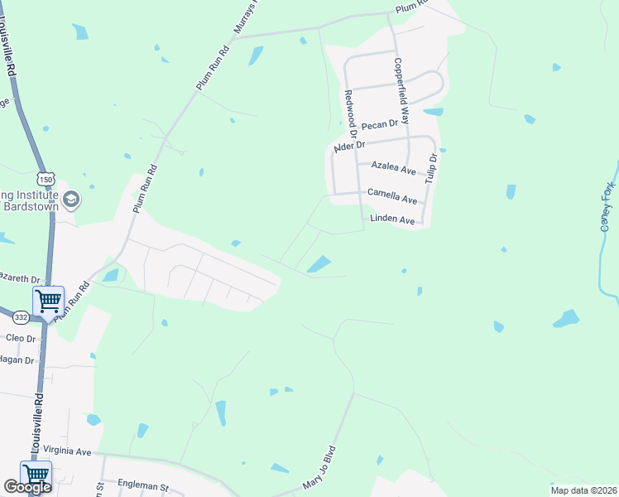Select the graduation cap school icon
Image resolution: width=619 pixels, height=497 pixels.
click(x=71, y=199)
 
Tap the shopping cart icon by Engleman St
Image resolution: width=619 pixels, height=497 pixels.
click(x=36, y=475)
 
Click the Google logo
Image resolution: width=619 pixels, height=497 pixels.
click(x=28, y=488)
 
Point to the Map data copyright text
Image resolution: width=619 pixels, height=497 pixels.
click(x=583, y=490)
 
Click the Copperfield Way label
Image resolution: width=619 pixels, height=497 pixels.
click(x=402, y=92)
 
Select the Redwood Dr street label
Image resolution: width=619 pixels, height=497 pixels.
click(x=350, y=113)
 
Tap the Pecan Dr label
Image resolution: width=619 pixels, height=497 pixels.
click(x=380, y=125)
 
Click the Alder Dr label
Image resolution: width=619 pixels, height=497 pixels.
click(x=348, y=147)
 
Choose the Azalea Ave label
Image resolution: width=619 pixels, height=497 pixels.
click(x=393, y=166)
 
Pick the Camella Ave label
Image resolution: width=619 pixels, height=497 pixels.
click(x=393, y=198)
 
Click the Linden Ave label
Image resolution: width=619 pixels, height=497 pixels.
click(x=392, y=220)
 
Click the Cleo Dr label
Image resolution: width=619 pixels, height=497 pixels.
click(x=21, y=339)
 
